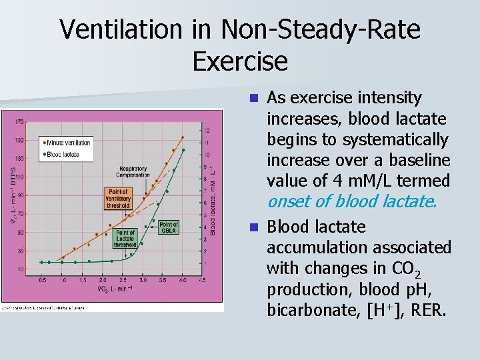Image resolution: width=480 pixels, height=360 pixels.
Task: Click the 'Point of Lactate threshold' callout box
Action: pyautogui.click(x=125, y=239)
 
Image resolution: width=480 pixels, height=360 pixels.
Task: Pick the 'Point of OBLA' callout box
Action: pyautogui.click(x=169, y=227)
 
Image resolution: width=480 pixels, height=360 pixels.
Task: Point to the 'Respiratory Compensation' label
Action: pyautogui.click(x=133, y=173)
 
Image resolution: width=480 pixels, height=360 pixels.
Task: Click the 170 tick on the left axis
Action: pyautogui.click(x=20, y=121)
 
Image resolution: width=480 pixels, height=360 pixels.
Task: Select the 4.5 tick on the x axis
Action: pyautogui.click(x=202, y=281)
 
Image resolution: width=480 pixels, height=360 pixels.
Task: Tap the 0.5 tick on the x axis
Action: pyautogui.click(x=42, y=281)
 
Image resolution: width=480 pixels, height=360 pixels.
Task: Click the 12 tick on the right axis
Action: pyautogui.click(x=207, y=130)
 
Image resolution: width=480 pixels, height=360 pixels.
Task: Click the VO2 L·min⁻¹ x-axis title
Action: pyautogui.click(x=115, y=289)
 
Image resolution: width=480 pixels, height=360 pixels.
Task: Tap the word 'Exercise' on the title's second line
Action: pyautogui.click(x=240, y=61)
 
